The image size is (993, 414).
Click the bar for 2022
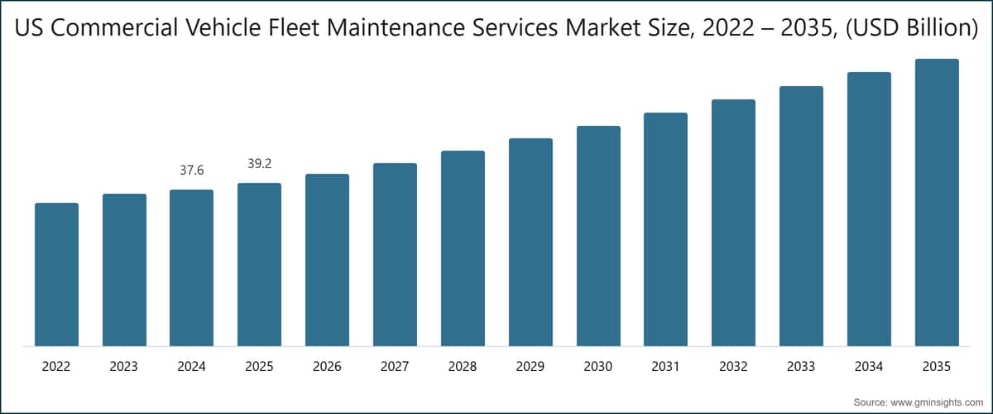click(x=57, y=275)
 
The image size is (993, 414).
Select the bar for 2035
click(x=937, y=202)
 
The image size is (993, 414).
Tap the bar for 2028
click(x=463, y=248)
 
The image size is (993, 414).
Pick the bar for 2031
click(x=666, y=229)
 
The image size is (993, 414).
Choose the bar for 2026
click(x=327, y=260)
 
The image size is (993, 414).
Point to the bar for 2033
click(x=801, y=216)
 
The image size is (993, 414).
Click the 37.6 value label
click(x=191, y=170)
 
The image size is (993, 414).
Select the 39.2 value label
click(x=259, y=164)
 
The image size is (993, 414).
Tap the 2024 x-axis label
click(x=191, y=367)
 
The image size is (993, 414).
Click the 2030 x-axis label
click(x=598, y=367)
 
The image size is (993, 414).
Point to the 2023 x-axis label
click(x=123, y=367)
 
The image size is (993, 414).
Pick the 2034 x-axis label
click(x=869, y=367)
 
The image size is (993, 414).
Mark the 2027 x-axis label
click(x=395, y=367)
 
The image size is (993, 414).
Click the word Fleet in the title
click(x=294, y=27)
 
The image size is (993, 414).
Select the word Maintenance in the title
click(x=396, y=27)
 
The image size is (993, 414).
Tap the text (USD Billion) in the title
click(x=912, y=28)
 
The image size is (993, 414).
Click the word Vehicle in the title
click(x=223, y=27)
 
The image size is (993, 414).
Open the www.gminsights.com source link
click(x=937, y=402)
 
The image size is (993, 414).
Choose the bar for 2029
click(x=530, y=243)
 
